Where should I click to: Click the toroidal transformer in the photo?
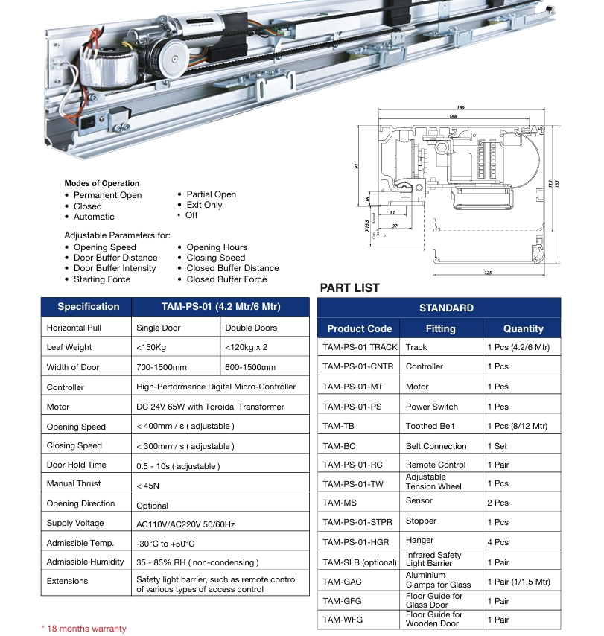pyautogui.click(x=108, y=71)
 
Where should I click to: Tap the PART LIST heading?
pyautogui.click(x=349, y=288)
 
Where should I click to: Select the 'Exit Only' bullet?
pyautogui.click(x=204, y=205)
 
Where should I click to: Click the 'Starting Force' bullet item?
pyautogui.click(x=101, y=279)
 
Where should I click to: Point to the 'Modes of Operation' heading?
pyautogui.click(x=101, y=183)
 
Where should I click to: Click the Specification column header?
pyautogui.click(x=88, y=307)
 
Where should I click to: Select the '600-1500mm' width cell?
pyautogui.click(x=249, y=367)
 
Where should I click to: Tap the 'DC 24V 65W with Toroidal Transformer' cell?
pyautogui.click(x=210, y=407)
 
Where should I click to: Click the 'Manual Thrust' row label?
pyautogui.click(x=74, y=484)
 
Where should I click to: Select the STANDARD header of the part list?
pyautogui.click(x=446, y=308)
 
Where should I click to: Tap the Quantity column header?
pyautogui.click(x=523, y=328)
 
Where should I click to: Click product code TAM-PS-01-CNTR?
pyautogui.click(x=357, y=366)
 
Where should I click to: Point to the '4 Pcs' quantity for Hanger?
pyautogui.click(x=497, y=542)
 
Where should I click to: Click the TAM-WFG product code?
pyautogui.click(x=343, y=619)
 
